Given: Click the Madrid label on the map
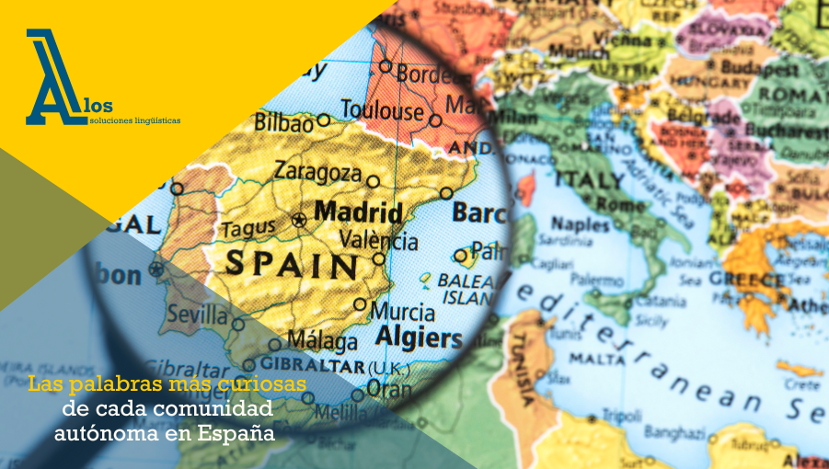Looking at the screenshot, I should pyautogui.click(x=358, y=212).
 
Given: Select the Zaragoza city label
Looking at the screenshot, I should pyautogui.click(x=317, y=172).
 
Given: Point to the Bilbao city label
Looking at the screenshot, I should pyautogui.click(x=283, y=121).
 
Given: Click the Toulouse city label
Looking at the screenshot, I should pyautogui.click(x=382, y=110).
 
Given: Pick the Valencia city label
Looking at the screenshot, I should pyautogui.click(x=378, y=241).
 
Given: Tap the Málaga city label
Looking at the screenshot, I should pyautogui.click(x=322, y=341).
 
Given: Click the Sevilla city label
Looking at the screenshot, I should pyautogui.click(x=196, y=315).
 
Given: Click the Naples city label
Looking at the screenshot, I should pyautogui.click(x=580, y=223).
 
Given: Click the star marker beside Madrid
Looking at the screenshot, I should pyautogui.click(x=298, y=220).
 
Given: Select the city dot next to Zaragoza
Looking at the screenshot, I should pyautogui.click(x=373, y=181).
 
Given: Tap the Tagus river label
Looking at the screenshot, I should pyautogui.click(x=248, y=227).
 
